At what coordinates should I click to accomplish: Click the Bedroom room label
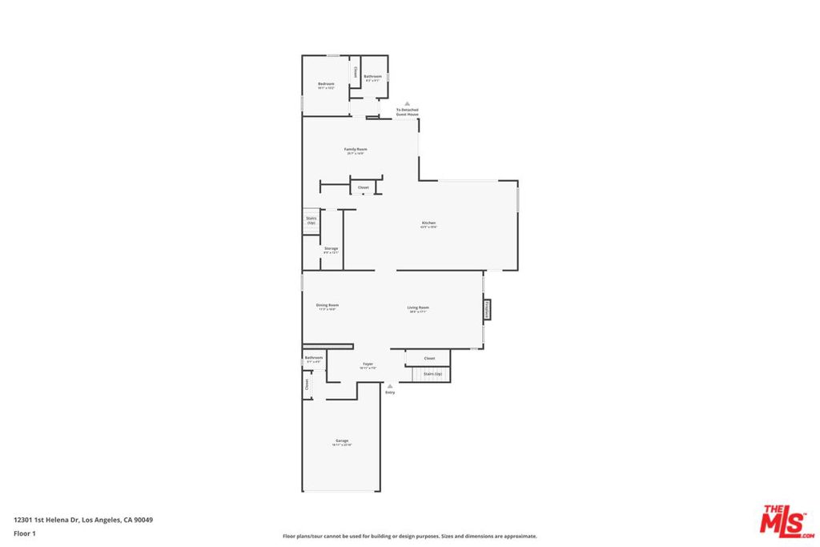point(325,84)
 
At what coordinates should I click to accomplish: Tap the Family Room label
point(356,150)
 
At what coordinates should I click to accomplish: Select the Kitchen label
point(428,223)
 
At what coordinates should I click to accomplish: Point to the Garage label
point(342,441)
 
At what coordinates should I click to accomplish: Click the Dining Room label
point(327,305)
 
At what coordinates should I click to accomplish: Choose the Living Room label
point(418,308)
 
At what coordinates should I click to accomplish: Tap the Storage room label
point(331,249)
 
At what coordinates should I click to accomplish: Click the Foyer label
point(368,364)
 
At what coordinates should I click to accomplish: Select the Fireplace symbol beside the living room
point(486,308)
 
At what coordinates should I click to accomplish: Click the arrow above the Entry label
point(390,385)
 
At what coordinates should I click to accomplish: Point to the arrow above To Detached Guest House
point(407,104)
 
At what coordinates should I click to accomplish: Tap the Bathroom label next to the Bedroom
point(373,77)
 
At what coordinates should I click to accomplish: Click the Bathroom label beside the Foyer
point(313,358)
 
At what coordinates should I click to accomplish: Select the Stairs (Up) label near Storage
point(311,220)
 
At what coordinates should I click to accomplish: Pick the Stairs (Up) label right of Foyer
point(432,374)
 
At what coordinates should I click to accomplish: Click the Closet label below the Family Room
point(363,187)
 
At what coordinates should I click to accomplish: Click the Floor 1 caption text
point(26,533)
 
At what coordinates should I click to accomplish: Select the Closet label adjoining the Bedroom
point(356,71)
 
